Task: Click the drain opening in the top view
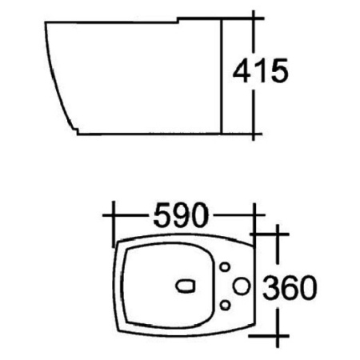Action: tap(185, 284)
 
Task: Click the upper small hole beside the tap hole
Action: tap(225, 266)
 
